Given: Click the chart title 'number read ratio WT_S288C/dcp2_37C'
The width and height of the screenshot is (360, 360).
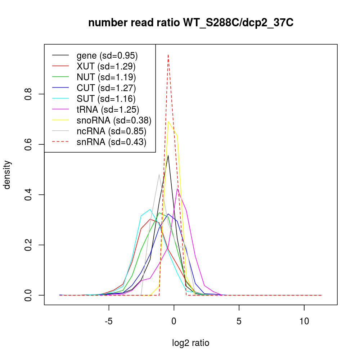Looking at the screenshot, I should click(x=191, y=23).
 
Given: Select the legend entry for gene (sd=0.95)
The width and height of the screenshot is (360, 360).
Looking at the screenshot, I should click(x=107, y=56).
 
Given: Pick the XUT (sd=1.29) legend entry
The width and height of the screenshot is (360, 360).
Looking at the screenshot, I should click(x=106, y=67).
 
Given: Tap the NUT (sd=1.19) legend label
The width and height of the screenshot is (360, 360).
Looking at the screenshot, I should click(x=106, y=77).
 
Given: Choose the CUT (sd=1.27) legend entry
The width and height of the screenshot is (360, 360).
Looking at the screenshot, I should click(x=106, y=88).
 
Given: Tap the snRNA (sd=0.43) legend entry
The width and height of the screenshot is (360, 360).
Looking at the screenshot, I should click(x=111, y=142).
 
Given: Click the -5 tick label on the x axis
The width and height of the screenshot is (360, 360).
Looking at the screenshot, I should click(x=109, y=321).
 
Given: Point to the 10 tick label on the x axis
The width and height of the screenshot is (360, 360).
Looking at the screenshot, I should click(x=304, y=321).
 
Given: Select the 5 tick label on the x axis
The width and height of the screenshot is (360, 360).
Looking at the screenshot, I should click(x=239, y=321).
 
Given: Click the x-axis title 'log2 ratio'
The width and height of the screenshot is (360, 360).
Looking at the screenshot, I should click(x=191, y=343).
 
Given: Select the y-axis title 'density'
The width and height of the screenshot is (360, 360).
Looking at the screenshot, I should click(x=7, y=175).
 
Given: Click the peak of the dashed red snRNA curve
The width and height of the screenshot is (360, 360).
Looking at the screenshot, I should click(x=168, y=55).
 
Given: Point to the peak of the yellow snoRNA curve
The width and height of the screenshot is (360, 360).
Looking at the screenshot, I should click(x=168, y=121).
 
